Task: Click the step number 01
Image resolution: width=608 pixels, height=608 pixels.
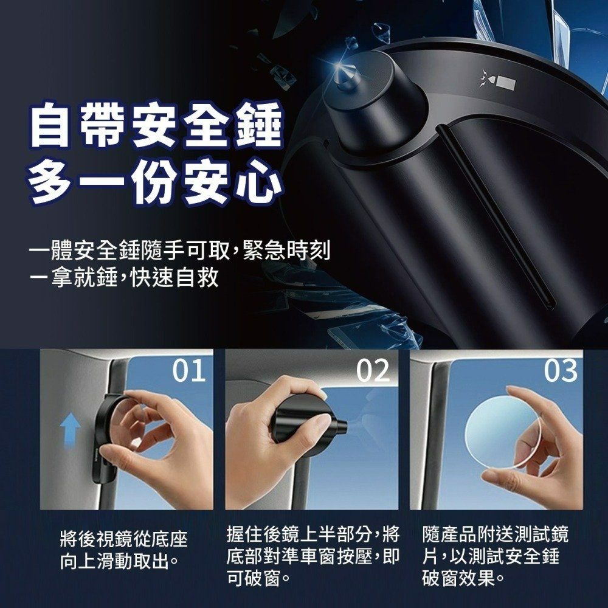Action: tap(189, 370)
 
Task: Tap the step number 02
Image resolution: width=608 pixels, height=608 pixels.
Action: tap(373, 370)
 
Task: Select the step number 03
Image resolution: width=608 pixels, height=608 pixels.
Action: tap(561, 370)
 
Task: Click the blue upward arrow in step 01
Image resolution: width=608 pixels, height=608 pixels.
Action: tap(70, 429)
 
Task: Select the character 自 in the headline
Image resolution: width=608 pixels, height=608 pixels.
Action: tap(50, 125)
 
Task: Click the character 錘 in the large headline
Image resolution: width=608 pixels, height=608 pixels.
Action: tap(260, 125)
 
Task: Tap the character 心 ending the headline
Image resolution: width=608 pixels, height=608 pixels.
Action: tap(260, 181)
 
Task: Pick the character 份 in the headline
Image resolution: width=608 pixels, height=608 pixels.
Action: tap(155, 181)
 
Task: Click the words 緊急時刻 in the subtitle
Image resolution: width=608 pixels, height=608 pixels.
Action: tap(286, 250)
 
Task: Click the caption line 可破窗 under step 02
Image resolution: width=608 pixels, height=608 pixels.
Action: tap(258, 579)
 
